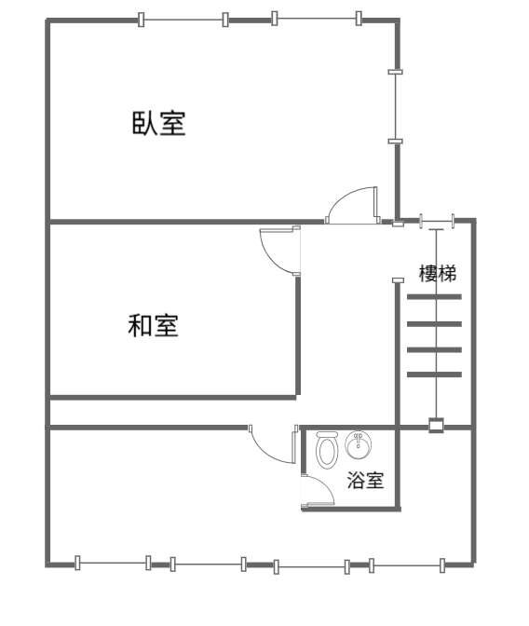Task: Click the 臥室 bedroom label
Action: point(158,123)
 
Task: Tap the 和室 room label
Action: point(153,325)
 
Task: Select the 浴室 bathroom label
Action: point(365,480)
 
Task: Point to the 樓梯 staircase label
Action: point(438,274)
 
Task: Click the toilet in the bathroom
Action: point(327,450)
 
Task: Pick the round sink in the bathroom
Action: point(359,445)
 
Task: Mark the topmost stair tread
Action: point(434,297)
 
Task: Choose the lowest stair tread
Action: point(434,374)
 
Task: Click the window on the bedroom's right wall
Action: point(395,106)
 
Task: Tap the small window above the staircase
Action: point(437,220)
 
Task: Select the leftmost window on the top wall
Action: point(183,20)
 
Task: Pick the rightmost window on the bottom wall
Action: point(407,565)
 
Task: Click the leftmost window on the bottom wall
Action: point(113,563)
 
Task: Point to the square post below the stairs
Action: point(436,425)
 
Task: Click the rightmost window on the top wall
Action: point(317,19)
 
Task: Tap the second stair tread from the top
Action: point(434,324)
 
